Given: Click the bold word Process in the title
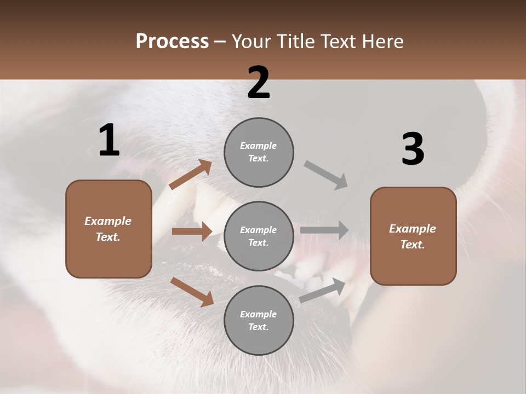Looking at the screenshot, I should click(x=172, y=41).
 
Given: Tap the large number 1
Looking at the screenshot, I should click(x=109, y=140).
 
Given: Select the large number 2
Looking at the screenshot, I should click(x=259, y=83).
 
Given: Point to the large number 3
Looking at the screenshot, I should click(x=413, y=149).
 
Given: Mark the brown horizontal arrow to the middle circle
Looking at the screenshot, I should click(x=192, y=231).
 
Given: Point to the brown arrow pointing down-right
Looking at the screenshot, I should click(x=192, y=291).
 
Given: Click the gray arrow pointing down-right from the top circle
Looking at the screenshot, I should click(x=326, y=175).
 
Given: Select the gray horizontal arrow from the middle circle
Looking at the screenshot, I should click(x=324, y=230).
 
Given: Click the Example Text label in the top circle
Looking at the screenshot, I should click(x=259, y=152).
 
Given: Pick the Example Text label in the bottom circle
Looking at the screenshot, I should click(x=259, y=321).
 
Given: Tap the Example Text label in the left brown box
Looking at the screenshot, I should click(x=108, y=229).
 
